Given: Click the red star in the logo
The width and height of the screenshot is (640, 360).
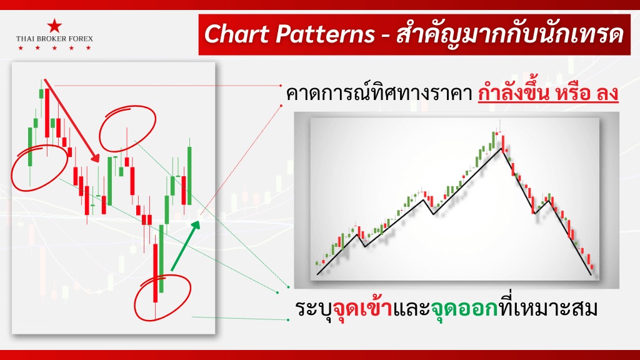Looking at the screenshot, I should (x=54, y=26).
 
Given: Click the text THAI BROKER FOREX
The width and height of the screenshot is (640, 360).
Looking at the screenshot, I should (x=54, y=39).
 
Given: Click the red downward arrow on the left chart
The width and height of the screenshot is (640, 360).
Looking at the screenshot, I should (x=72, y=121).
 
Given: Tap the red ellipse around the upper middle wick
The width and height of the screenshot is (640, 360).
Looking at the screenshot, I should (x=127, y=129).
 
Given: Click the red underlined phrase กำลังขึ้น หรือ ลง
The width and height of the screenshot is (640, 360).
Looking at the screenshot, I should (x=548, y=94).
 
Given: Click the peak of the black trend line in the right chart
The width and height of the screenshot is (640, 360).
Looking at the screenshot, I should (x=500, y=147).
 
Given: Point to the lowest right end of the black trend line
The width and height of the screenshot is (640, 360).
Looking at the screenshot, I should (x=590, y=274).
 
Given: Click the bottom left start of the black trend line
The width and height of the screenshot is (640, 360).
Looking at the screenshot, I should (x=318, y=274).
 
